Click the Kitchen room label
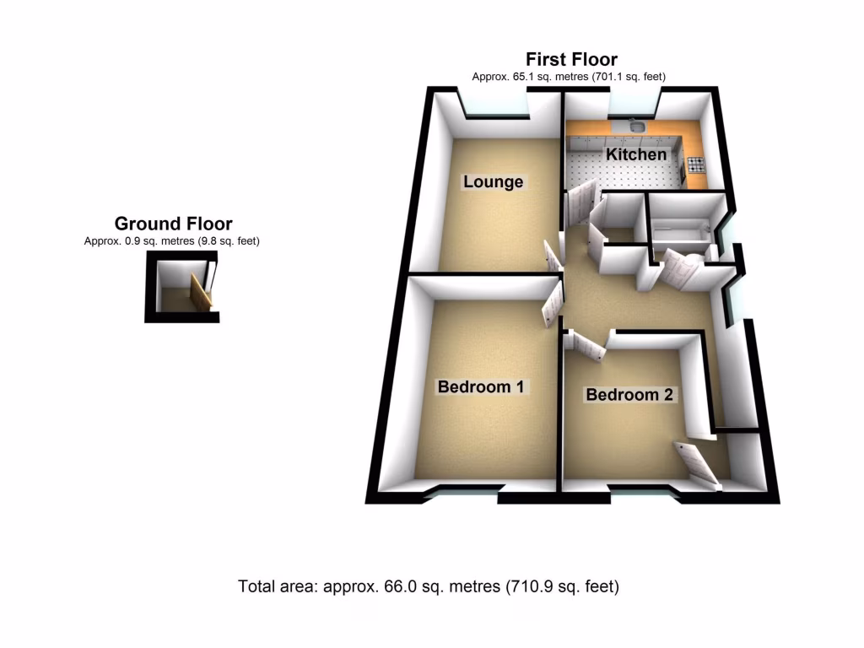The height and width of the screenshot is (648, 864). click(x=636, y=155)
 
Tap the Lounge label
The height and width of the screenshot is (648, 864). click(x=494, y=182)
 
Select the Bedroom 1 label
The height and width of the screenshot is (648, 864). click(x=481, y=387)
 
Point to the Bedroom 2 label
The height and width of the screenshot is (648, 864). click(x=630, y=395)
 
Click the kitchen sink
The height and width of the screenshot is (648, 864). click(x=638, y=127)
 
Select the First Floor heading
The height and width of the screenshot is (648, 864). click(x=571, y=59)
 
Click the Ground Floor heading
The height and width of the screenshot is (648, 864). click(x=173, y=224)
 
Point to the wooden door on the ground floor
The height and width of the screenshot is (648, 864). click(x=201, y=292)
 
